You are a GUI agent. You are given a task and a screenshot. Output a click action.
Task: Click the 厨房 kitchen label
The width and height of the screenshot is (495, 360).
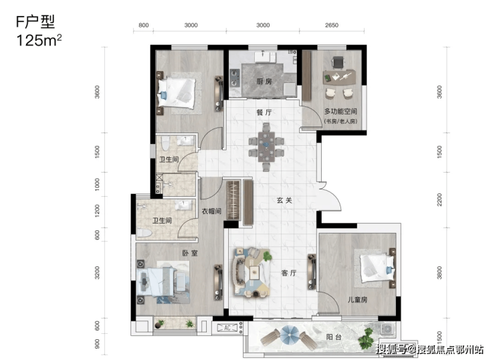point(264,82)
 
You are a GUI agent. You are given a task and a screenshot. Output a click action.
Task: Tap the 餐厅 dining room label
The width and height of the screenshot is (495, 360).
point(264,112)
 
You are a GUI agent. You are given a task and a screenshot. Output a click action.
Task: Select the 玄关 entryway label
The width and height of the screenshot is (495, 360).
point(284,200)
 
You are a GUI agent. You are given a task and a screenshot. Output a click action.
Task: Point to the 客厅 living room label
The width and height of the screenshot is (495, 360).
point(289,273)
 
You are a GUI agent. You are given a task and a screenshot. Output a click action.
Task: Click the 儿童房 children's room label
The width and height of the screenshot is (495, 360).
point(357,299)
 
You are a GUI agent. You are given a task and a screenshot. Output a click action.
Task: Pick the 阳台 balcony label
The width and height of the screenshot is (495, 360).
point(334,337)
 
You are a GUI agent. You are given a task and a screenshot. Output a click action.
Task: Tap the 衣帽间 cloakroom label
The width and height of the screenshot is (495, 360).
point(211,211)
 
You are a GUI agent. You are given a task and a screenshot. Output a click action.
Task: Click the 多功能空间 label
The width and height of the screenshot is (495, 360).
point(340,111)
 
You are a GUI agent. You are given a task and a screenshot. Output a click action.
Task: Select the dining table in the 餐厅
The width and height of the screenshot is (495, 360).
point(266,147)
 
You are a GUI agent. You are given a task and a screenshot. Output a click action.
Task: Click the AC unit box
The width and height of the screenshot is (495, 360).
point(227,328)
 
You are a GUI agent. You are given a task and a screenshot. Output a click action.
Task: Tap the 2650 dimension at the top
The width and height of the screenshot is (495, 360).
point(332,25)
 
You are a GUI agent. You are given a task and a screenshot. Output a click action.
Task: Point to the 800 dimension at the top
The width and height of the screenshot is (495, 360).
point(144,25)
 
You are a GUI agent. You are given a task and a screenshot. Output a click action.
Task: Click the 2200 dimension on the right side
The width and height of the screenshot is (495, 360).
point(439,200)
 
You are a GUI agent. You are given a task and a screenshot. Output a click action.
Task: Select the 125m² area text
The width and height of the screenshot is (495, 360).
point(39,40)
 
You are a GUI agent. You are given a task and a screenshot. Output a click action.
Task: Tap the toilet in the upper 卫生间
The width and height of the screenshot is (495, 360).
point(165,143)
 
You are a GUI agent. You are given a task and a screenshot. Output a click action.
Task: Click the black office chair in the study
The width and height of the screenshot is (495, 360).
point(338,62)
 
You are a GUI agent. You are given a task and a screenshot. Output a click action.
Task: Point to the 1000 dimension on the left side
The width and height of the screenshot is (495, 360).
point(97,184)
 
